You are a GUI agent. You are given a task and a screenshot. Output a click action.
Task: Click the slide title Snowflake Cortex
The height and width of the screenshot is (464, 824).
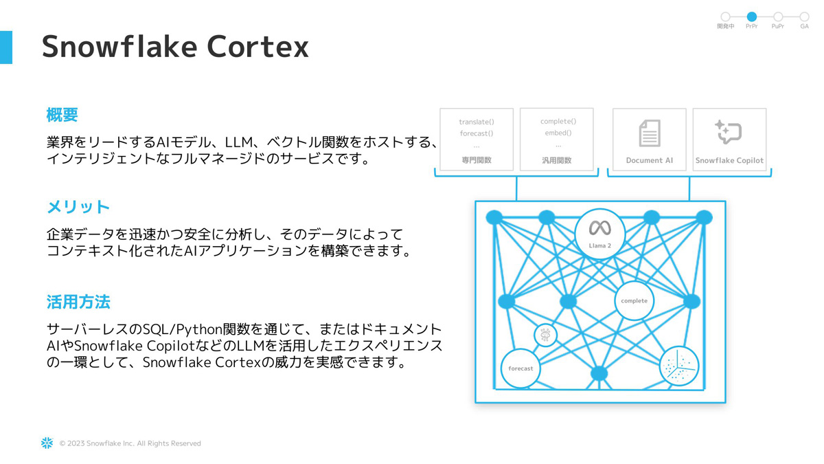point(175,47)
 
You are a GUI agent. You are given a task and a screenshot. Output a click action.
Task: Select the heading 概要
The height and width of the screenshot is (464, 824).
point(62,115)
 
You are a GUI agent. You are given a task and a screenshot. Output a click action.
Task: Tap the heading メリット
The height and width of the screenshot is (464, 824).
point(78,207)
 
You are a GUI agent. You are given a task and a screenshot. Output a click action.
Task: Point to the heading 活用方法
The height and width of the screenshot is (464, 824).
point(78,302)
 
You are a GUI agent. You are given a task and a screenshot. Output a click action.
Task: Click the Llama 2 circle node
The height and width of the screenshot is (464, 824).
point(599,233)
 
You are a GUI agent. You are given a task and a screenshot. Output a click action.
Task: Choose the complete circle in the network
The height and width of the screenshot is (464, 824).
point(634,300)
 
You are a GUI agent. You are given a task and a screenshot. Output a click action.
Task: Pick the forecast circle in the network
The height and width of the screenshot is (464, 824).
point(520,368)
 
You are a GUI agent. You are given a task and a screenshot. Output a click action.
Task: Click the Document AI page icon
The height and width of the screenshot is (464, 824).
point(649,133)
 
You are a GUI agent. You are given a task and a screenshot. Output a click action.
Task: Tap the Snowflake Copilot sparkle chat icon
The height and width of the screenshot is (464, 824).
point(729,131)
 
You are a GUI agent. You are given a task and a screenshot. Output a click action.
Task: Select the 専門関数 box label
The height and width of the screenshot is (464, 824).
point(477,160)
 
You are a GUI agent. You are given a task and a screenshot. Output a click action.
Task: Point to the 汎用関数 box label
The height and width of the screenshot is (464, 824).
point(557,160)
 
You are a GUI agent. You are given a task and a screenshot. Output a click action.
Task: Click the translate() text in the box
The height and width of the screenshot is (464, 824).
point(477,122)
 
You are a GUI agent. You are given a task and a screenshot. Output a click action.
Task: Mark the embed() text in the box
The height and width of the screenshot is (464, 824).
point(558,133)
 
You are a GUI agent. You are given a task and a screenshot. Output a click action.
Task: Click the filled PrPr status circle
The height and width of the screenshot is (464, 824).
point(752,16)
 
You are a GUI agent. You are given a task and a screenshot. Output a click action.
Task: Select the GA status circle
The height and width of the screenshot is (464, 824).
point(804,16)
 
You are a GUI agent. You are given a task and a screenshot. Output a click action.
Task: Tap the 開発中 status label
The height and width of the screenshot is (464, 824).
point(725,27)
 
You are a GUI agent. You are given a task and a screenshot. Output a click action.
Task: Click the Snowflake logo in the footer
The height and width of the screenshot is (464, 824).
point(47,443)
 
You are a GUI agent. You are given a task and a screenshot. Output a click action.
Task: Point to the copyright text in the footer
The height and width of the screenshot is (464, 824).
point(130,443)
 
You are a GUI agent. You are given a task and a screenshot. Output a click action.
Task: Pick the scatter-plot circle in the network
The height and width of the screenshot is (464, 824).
point(678,366)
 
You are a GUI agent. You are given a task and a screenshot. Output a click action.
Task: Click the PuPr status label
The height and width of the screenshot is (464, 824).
point(778,27)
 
